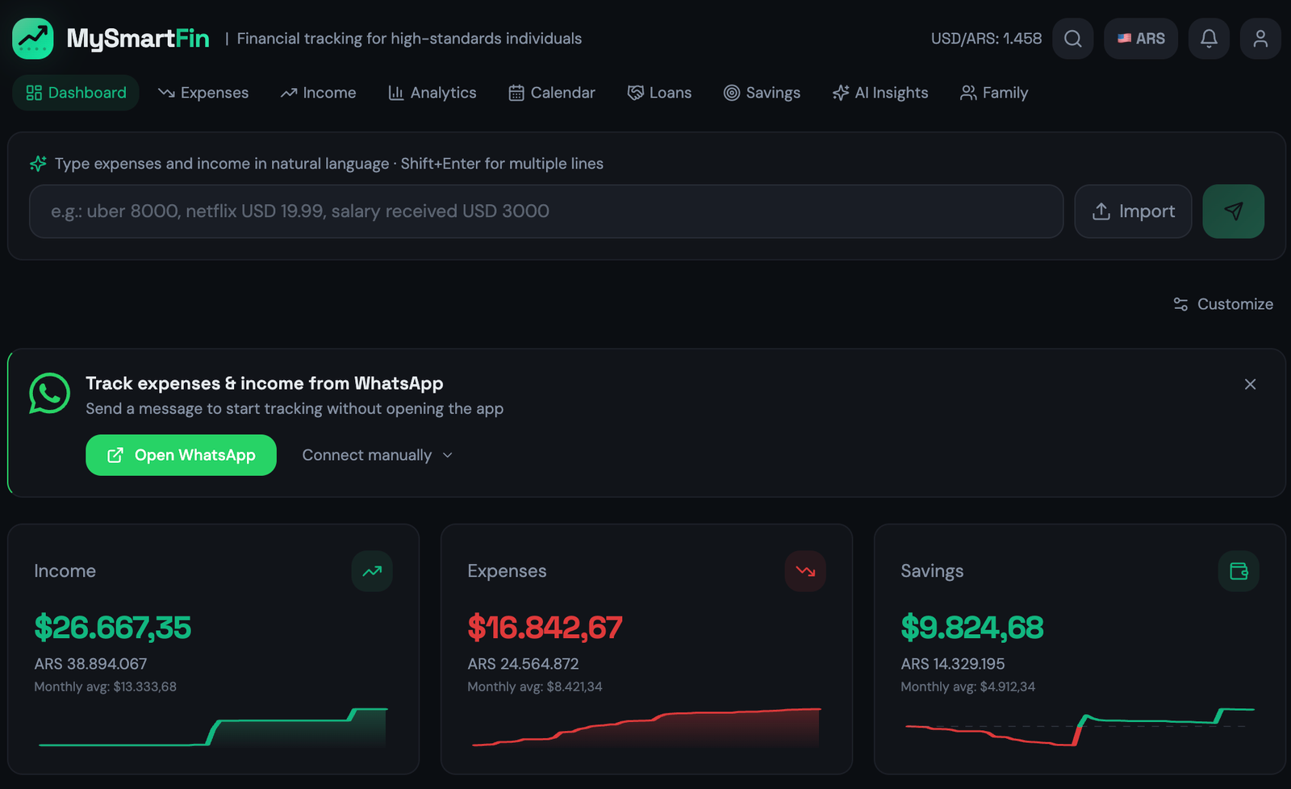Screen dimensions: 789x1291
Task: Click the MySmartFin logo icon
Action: (x=33, y=39)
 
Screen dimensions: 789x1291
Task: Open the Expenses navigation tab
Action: (x=203, y=93)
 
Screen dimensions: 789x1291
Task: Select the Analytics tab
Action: (x=432, y=93)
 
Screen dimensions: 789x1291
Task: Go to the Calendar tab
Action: (x=552, y=93)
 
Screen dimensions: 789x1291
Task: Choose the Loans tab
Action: (x=659, y=93)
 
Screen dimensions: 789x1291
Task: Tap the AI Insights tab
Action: (x=880, y=93)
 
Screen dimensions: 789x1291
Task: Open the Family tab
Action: (x=994, y=93)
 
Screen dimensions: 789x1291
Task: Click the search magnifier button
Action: (x=1072, y=39)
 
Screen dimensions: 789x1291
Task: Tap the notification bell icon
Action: (x=1208, y=39)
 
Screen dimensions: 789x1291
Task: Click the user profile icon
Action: (x=1260, y=39)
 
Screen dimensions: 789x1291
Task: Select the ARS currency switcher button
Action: (x=1140, y=39)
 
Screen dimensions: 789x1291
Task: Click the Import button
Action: (x=1133, y=211)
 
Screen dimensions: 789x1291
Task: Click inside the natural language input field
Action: (x=545, y=211)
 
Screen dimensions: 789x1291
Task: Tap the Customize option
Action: (x=1223, y=304)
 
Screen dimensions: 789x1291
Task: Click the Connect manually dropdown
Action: (x=377, y=455)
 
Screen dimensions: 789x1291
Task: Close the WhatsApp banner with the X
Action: (x=1250, y=384)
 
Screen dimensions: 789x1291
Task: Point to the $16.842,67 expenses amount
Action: (x=545, y=628)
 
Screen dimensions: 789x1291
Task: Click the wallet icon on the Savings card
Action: (x=1239, y=571)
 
